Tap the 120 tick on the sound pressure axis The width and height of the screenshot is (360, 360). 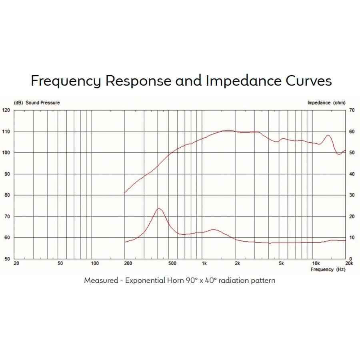tap(6, 110)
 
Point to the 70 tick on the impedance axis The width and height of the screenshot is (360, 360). tap(352, 110)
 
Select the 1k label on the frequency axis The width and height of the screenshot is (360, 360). tap(204, 263)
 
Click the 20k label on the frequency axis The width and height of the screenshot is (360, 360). tap(349, 263)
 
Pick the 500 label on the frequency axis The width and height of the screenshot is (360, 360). tap(172, 263)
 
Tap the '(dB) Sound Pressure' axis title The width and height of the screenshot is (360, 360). tap(37, 103)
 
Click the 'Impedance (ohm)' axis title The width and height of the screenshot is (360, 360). tap(326, 103)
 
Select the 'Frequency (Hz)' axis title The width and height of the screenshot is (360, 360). tap(328, 270)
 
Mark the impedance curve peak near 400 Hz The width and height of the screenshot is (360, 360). tap(159, 208)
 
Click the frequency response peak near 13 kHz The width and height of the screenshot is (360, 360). tap(328, 135)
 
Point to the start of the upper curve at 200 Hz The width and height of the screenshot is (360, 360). tap(125, 192)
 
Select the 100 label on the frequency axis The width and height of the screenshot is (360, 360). tap(95, 263)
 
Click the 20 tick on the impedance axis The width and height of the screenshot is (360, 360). tap(352, 216)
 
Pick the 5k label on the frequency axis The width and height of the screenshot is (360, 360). tap(281, 263)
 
